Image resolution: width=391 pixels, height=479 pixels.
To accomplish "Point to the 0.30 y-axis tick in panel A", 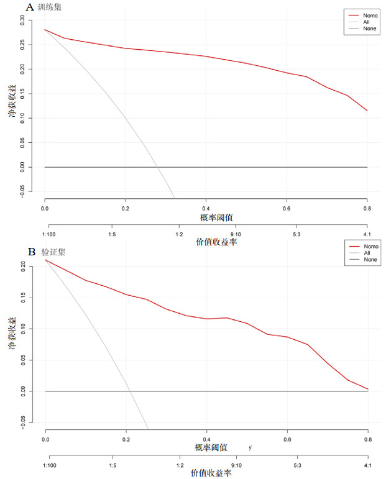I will (x=23, y=19).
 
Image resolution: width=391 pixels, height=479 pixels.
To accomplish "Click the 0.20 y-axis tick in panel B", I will (x=23, y=266).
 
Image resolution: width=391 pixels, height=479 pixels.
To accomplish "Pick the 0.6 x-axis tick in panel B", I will (x=287, y=439).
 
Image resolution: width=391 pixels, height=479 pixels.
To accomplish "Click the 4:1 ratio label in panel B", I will (x=367, y=465).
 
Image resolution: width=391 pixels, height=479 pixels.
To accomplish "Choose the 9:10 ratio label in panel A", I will (x=236, y=234).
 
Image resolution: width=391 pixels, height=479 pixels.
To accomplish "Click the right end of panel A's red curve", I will (x=367, y=111).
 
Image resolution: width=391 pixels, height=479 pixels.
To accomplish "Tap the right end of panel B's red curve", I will (x=367, y=389).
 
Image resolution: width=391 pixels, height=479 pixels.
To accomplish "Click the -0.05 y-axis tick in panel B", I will (x=23, y=422).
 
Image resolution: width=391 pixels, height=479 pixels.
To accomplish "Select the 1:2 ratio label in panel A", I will (x=179, y=234).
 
